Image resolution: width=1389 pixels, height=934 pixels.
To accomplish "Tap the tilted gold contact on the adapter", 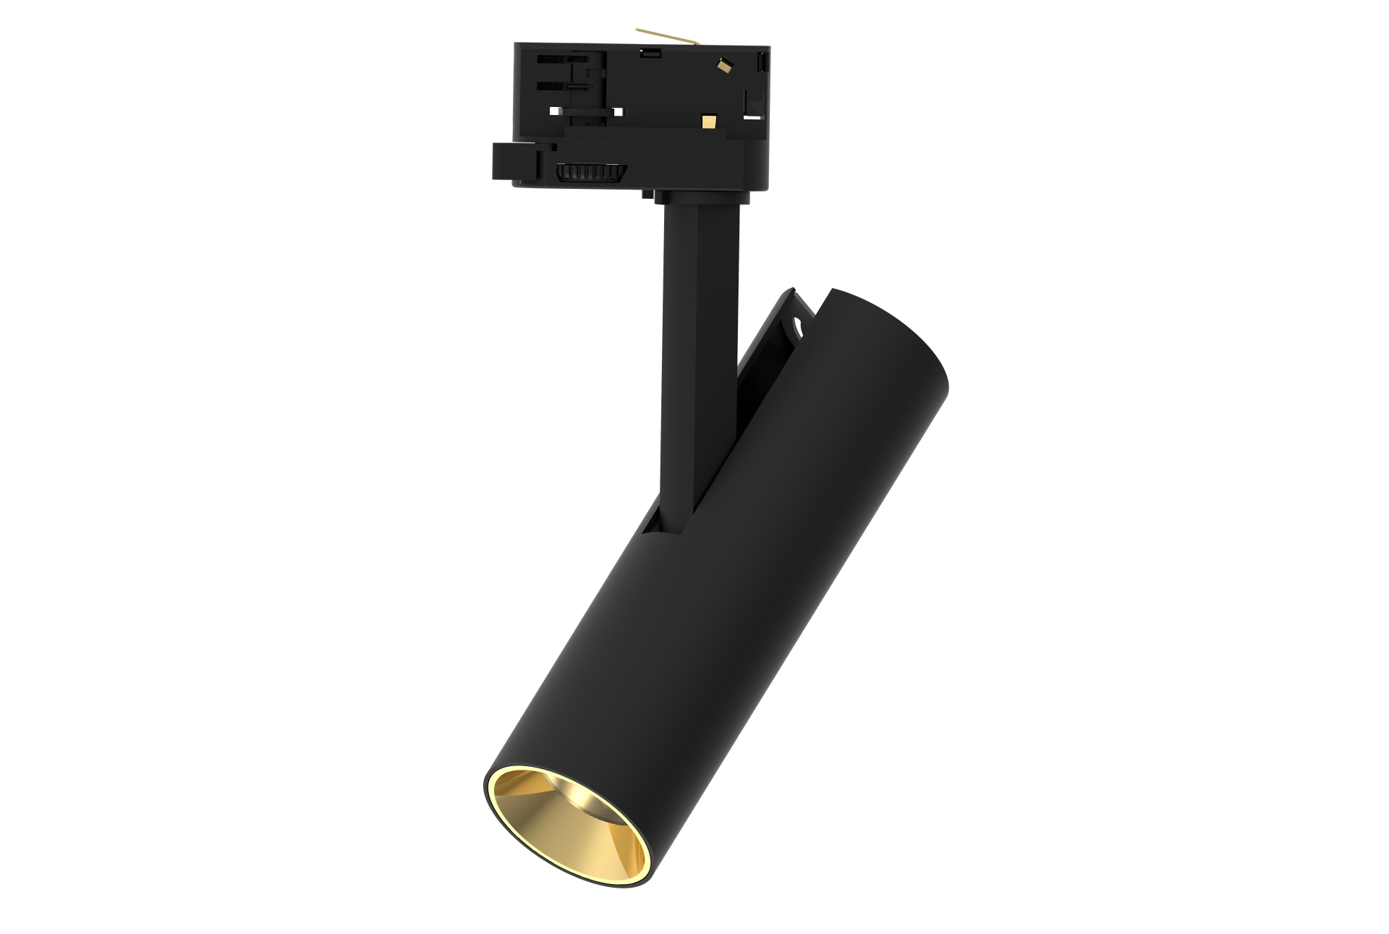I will [x=723, y=66].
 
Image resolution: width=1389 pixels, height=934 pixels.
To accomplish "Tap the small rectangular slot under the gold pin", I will [x=650, y=52].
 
